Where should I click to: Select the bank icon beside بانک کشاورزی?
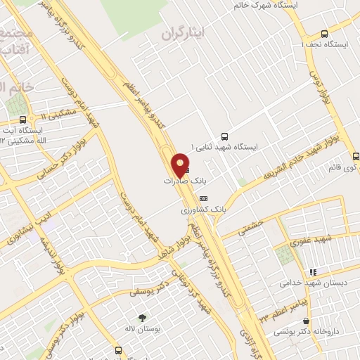click(204, 198)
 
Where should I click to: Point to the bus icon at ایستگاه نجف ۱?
click(324, 33)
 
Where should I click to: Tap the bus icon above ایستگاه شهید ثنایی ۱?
click(224, 136)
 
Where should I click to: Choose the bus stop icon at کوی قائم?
click(356, 156)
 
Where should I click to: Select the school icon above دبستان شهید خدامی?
click(313, 272)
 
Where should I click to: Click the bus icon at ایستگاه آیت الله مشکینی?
click(23, 120)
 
